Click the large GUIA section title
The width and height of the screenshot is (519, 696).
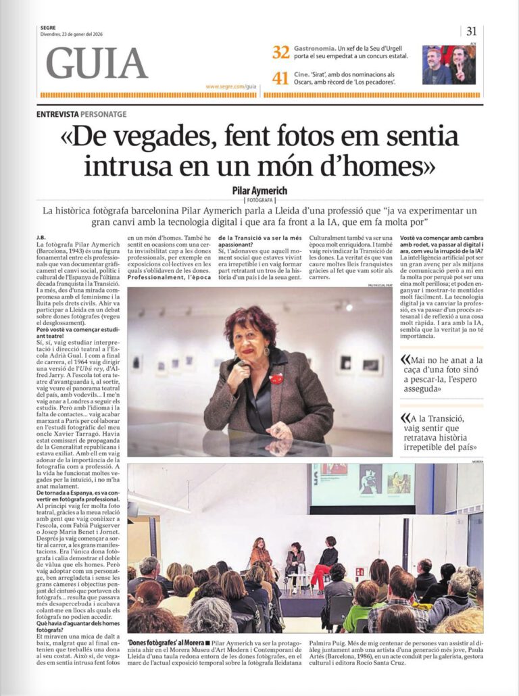pyautogui.click(x=96, y=64)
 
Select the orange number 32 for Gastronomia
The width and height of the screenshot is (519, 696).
pyautogui.click(x=281, y=52)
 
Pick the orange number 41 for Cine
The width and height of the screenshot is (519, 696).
pyautogui.click(x=281, y=78)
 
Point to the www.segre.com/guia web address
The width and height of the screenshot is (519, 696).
pyautogui.click(x=231, y=86)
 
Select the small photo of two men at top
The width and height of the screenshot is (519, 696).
pyautogui.click(x=449, y=65)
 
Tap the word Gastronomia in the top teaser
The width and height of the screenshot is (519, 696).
pyautogui.click(x=315, y=49)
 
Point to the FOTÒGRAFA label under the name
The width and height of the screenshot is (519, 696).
pyautogui.click(x=259, y=201)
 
